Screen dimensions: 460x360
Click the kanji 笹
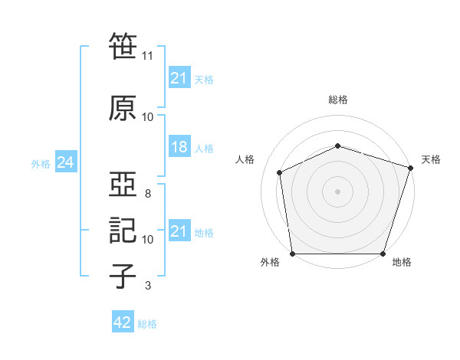pos(123,46)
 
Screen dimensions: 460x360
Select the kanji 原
pos(123,108)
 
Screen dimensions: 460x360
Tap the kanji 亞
pos(123,184)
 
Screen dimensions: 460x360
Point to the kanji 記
pos(123,230)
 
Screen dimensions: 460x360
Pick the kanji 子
pos(123,276)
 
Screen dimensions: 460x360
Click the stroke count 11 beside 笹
pos(147,56)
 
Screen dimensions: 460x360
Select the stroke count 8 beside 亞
pos(148,194)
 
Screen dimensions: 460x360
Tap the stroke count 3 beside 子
pos(148,285)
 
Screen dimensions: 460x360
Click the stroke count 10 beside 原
pos(147,117)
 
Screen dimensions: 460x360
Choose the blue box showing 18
pos(179,146)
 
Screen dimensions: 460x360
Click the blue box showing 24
pos(66,162)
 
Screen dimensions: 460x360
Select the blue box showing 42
pos(123,321)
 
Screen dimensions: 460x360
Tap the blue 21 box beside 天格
pos(179,77)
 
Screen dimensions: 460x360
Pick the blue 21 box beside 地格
pos(179,230)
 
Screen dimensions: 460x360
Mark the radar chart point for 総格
pos(337,146)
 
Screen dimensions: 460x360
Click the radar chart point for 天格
pos(411,168)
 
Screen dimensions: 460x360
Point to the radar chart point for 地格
pos(383,254)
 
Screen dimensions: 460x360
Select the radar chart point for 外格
pos(293,254)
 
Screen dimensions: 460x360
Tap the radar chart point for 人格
pos(280,172)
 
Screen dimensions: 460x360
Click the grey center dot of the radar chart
pos(337,191)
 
